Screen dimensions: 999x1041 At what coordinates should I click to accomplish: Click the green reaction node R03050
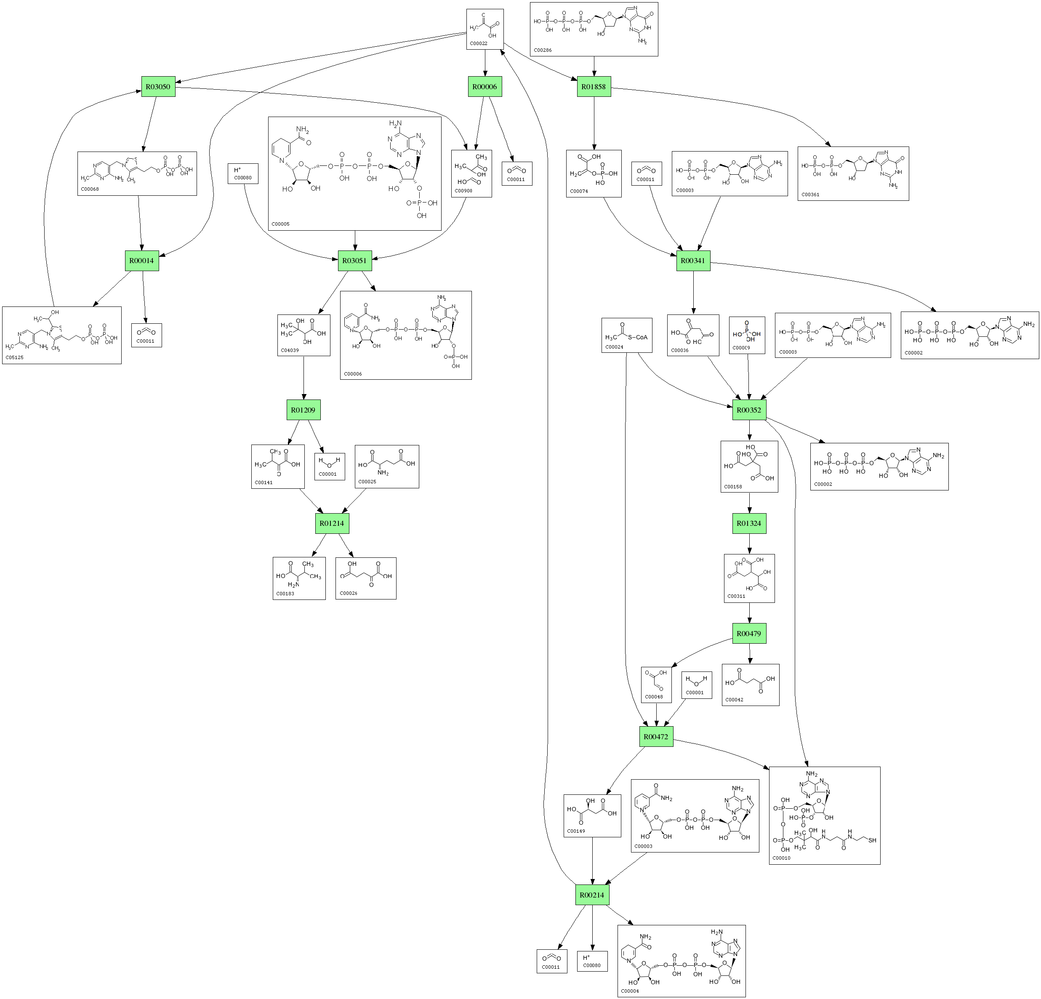point(158,87)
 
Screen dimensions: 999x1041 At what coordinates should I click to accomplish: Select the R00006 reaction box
point(485,87)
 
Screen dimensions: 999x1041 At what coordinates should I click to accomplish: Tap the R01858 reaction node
point(594,87)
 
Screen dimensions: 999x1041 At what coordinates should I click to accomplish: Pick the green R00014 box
point(142,261)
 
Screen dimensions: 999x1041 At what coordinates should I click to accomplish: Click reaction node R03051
point(355,261)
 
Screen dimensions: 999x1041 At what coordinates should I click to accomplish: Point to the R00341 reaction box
point(693,261)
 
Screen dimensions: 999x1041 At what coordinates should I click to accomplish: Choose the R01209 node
point(303,410)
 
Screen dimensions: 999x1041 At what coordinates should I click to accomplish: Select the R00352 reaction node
point(749,410)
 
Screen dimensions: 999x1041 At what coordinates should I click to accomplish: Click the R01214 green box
point(332,523)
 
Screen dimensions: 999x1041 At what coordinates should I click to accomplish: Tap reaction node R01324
point(749,523)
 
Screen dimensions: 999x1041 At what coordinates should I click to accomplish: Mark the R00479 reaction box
point(749,634)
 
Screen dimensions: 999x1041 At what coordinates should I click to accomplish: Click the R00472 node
point(656,737)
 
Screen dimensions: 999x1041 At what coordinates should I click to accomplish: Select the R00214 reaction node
point(592,895)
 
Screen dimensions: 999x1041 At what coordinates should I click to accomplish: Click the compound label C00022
point(479,43)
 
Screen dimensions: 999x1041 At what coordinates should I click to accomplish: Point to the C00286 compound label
point(543,51)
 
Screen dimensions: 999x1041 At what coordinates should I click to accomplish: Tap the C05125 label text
point(15,357)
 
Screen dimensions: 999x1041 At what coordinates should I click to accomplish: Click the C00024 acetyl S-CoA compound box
point(627,335)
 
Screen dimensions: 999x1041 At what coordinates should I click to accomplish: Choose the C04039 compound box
point(303,335)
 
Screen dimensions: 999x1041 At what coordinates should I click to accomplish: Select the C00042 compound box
point(750,685)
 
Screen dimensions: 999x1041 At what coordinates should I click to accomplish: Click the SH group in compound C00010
point(872,840)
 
